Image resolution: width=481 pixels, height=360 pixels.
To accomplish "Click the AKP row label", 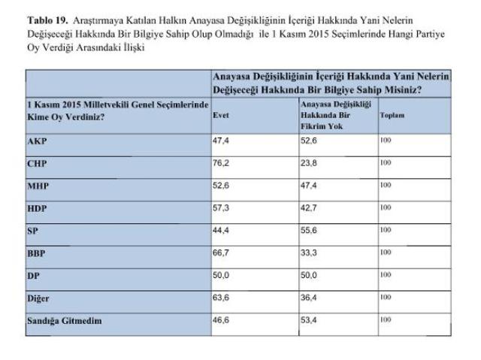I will [x=37, y=141].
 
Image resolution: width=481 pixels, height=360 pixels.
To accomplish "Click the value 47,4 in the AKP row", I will [x=222, y=141].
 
